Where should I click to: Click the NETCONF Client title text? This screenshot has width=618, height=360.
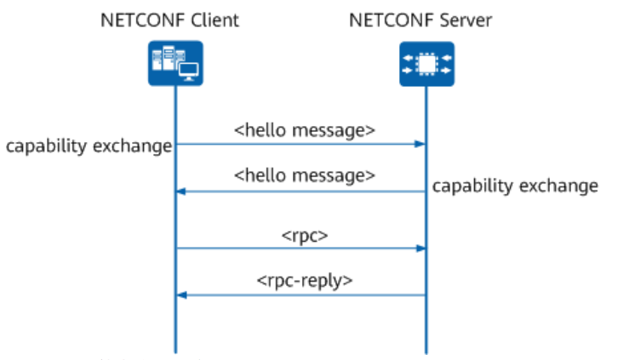[170, 20]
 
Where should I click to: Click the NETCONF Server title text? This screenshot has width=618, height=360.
[421, 20]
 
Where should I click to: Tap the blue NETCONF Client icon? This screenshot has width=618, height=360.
[175, 63]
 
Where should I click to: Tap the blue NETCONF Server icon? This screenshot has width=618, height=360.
[426, 64]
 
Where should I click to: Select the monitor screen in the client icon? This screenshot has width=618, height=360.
[188, 71]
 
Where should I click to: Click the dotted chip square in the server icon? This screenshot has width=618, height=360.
[426, 64]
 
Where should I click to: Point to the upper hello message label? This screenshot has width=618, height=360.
[304, 130]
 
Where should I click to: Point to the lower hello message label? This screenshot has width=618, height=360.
[304, 175]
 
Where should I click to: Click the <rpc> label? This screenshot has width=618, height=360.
[305, 236]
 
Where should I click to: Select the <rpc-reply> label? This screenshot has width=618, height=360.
[305, 281]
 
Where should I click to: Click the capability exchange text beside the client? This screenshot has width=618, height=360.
[89, 146]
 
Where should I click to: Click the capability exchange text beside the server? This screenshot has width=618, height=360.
[515, 186]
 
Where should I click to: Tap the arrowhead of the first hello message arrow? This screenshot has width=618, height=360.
[421, 144]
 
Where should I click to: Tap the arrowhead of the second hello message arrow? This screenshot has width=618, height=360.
[181, 191]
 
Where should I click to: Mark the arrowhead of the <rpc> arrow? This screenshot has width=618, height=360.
[421, 249]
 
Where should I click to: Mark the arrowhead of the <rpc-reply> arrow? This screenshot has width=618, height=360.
[181, 295]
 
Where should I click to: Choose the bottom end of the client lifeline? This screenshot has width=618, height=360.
[176, 352]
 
